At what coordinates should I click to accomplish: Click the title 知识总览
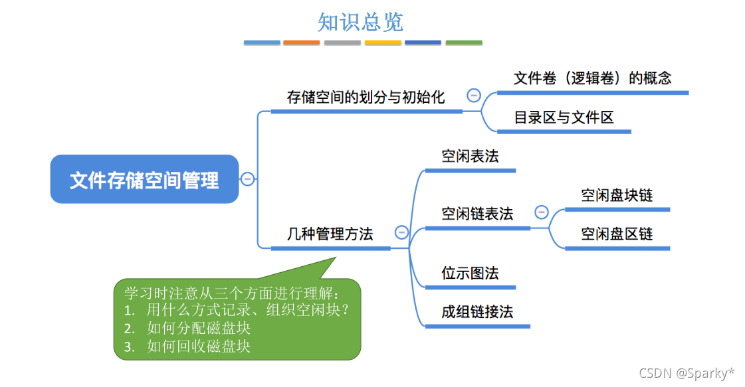click(x=360, y=21)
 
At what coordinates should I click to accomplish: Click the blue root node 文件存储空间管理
click(x=144, y=179)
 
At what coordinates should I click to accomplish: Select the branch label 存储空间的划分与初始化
click(x=366, y=97)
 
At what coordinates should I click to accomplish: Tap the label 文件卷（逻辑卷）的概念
click(x=592, y=78)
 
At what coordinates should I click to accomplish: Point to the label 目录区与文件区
click(x=564, y=117)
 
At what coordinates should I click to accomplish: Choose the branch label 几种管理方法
click(x=330, y=234)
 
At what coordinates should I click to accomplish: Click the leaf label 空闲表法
click(x=470, y=156)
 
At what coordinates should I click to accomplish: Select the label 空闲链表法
click(x=477, y=214)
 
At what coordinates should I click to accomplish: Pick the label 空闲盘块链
click(x=617, y=195)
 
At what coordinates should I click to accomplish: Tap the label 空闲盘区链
click(x=617, y=234)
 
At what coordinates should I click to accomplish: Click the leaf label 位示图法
click(x=470, y=273)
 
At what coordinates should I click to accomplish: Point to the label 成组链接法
click(x=477, y=311)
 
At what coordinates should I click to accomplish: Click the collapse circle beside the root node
click(x=247, y=179)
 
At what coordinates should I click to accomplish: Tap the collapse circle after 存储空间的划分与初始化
click(x=474, y=95)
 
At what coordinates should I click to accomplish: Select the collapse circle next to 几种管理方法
click(x=401, y=232)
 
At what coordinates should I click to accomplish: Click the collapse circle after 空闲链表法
click(x=542, y=212)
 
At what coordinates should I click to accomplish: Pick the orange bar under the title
click(x=302, y=42)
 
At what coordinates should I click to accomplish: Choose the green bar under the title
click(x=464, y=42)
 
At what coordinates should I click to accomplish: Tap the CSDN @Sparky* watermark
click(x=687, y=373)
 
